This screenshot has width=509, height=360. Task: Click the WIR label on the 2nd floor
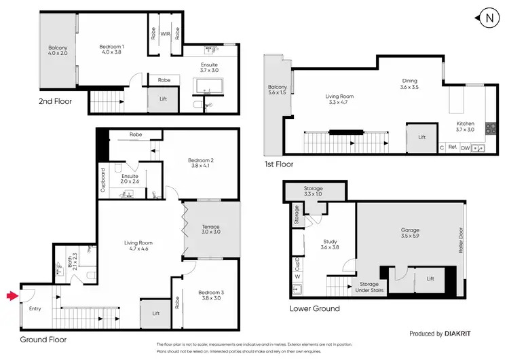point(164,32)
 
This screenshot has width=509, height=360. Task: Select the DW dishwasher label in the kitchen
point(465,147)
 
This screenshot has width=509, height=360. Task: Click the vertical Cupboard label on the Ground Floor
point(103,181)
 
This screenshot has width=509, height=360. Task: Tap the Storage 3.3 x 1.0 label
point(313,191)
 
